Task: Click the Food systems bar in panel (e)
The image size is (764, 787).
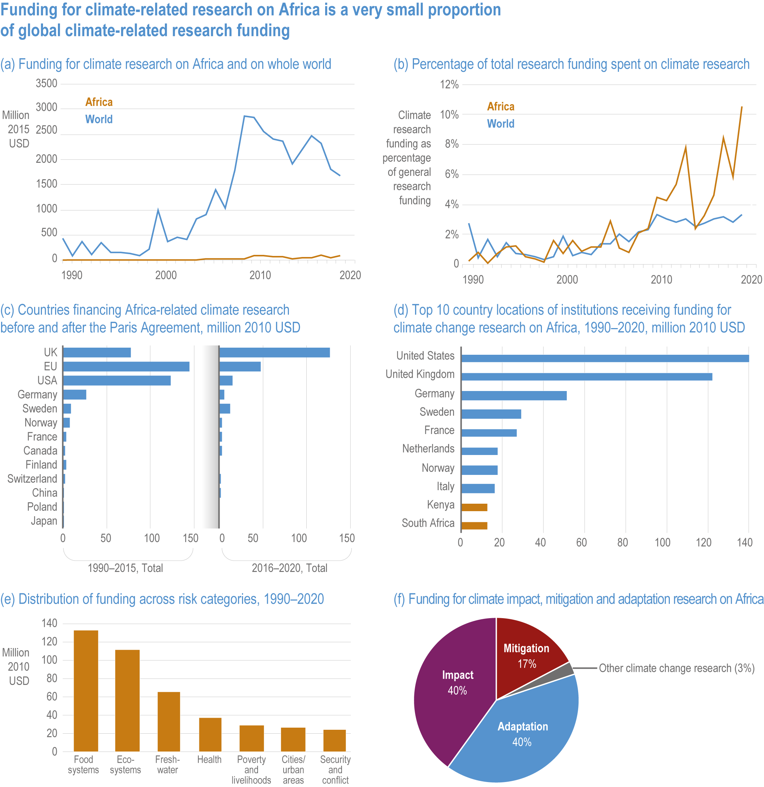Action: tap(86, 691)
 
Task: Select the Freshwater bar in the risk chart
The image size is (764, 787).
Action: tap(169, 721)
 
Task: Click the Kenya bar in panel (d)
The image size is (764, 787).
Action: tap(474, 507)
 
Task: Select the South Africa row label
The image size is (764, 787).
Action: tap(428, 523)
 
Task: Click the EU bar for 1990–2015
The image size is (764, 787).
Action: tap(126, 366)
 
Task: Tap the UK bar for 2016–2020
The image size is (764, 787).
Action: tap(275, 353)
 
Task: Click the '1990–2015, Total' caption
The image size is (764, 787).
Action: tap(125, 568)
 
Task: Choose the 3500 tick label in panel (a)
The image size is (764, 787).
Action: tap(47, 84)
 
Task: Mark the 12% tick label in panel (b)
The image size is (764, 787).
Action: tap(449, 84)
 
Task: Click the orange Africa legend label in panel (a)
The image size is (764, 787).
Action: tap(99, 102)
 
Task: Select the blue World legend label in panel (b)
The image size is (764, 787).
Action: tap(501, 124)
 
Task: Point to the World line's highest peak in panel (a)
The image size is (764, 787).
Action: tap(244, 117)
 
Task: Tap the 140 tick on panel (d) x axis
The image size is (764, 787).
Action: tap(745, 542)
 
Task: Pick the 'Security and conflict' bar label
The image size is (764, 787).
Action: tap(335, 769)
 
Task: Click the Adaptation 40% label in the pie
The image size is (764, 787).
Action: tap(522, 734)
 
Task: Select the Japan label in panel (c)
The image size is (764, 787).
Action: tap(44, 521)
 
